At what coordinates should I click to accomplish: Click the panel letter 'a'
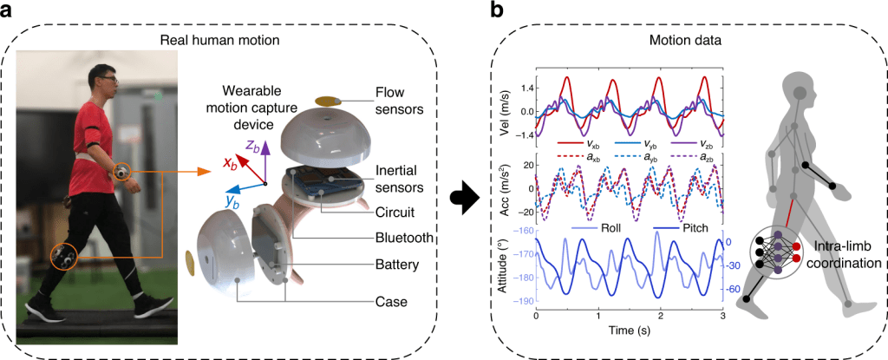[10, 11]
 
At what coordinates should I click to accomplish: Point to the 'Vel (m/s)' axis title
[518, 110]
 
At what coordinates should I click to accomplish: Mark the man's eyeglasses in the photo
[108, 80]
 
